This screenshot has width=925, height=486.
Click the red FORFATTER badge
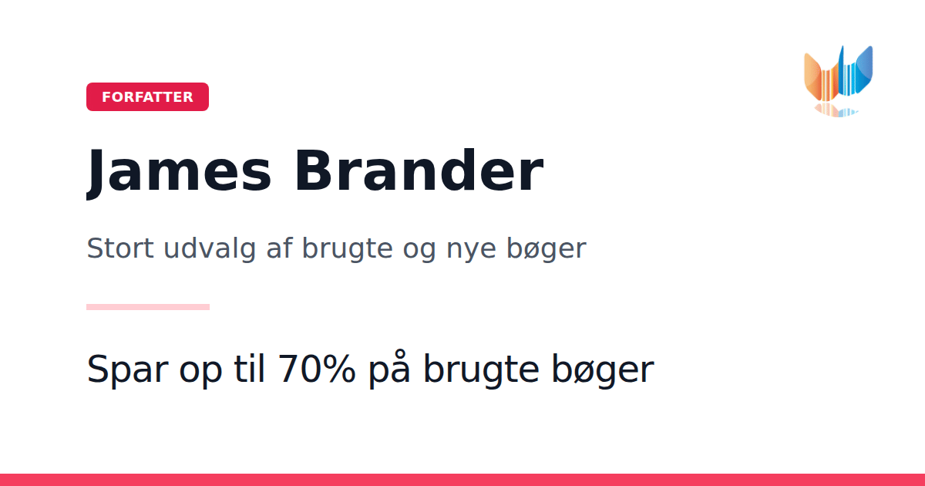click(147, 96)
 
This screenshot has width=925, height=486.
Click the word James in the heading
click(179, 172)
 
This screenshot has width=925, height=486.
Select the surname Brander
click(419, 170)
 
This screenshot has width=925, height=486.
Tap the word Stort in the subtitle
click(120, 248)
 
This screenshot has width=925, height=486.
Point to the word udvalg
click(210, 249)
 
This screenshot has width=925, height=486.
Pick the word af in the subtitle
click(279, 248)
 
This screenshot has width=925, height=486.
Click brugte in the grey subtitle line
click(348, 249)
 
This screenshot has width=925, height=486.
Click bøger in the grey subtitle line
click(547, 249)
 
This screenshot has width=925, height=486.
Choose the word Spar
click(128, 370)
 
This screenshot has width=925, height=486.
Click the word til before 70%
click(249, 368)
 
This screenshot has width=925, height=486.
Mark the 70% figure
click(317, 369)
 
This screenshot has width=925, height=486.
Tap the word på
click(389, 369)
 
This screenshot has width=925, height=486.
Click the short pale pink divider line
click(148, 307)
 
